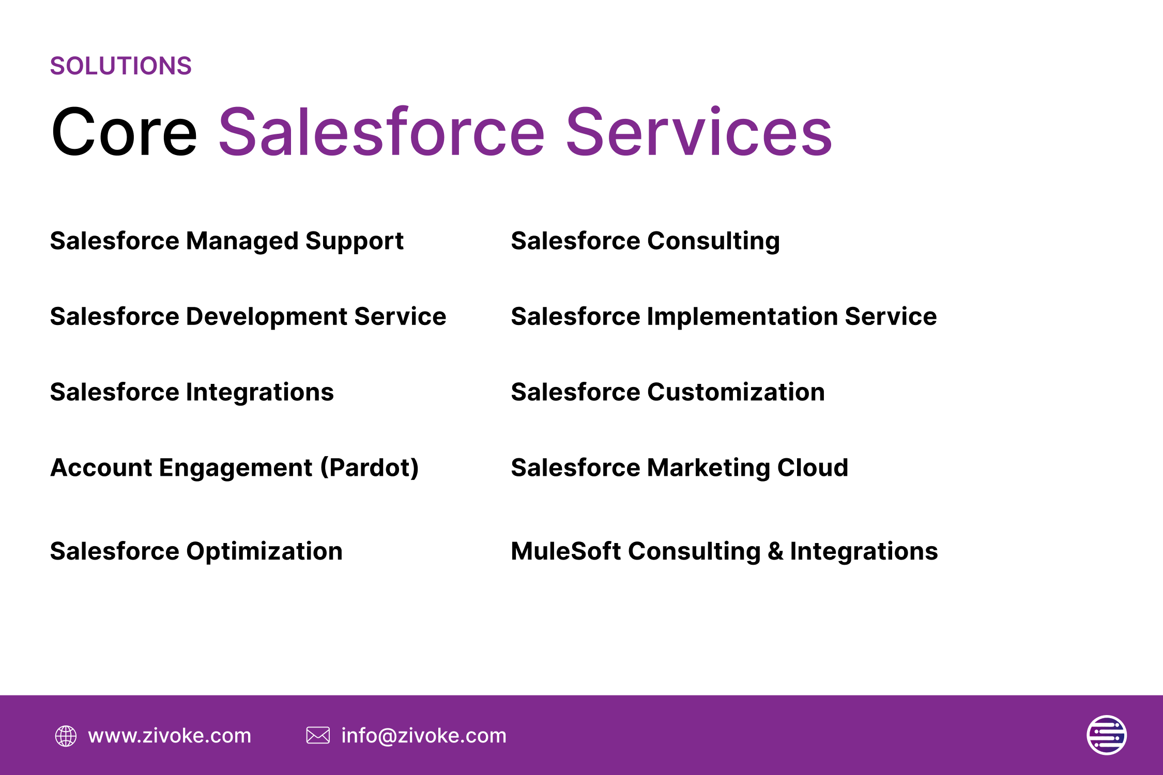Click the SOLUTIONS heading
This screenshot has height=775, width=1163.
point(121,66)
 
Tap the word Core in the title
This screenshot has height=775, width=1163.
point(124,132)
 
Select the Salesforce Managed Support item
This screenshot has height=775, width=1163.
point(226,242)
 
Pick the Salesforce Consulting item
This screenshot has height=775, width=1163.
point(645,242)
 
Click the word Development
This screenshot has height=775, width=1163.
point(267,317)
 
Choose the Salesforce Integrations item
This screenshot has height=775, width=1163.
point(192,393)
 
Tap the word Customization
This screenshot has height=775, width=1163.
point(736,392)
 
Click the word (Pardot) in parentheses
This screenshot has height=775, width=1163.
point(370,468)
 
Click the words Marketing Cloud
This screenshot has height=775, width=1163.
point(747,468)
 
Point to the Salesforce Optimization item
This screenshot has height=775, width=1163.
point(196,552)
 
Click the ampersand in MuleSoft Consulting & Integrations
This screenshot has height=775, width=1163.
point(775,551)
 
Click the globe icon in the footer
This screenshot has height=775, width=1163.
point(66,736)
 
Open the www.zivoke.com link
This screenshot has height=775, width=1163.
point(170,736)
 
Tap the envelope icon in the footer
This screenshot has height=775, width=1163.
point(318,735)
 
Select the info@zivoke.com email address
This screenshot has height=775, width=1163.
point(424,736)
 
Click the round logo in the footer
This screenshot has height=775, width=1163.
point(1107,735)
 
